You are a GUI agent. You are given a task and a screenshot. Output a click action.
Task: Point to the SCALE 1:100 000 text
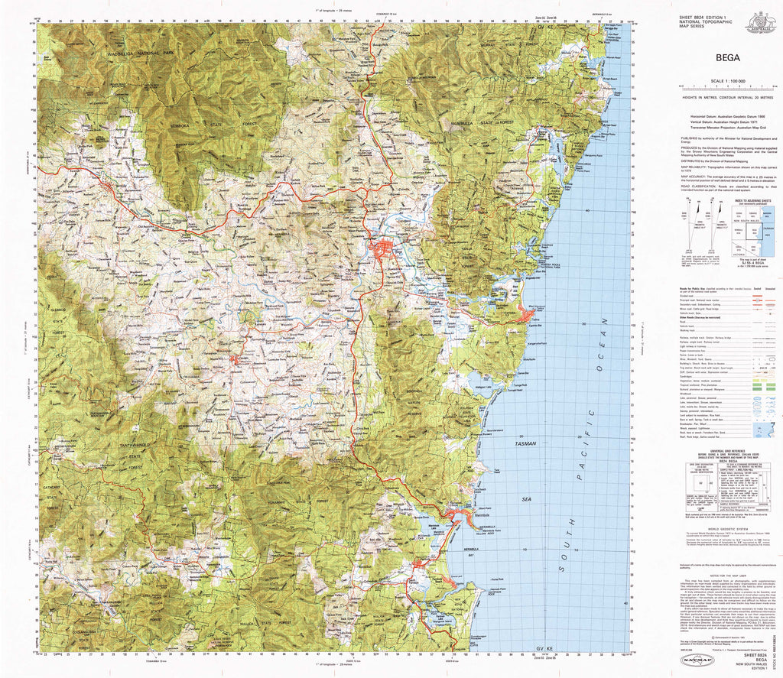(728, 81)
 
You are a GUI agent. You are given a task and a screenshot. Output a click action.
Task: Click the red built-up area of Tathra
(527, 312)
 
